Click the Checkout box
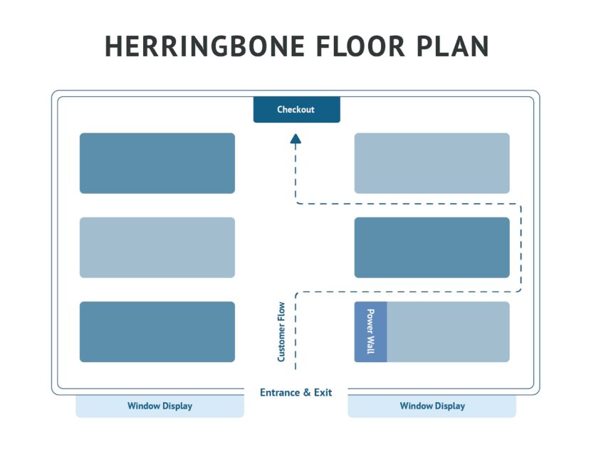pos(296,110)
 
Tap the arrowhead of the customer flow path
pos(295,140)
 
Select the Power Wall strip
pos(370,332)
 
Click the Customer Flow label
pos(282,332)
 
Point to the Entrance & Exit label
pos(295,392)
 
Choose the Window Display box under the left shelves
pos(159,406)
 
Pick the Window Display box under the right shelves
pos(432,406)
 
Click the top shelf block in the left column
pos(157,163)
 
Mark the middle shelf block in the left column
pos(157,247)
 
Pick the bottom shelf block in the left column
pos(157,332)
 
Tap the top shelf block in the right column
pos(432,163)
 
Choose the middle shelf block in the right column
pos(432,247)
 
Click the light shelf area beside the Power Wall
pos(448,332)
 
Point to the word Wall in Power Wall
pos(370,346)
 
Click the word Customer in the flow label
pos(282,342)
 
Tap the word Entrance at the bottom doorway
pos(279,392)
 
